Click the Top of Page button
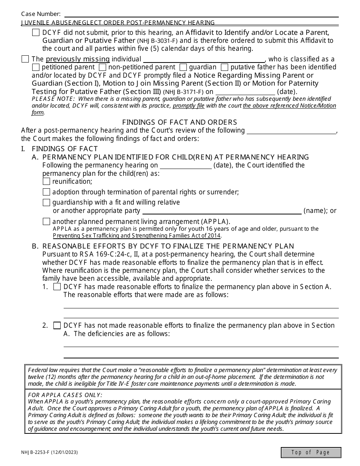(311, 452)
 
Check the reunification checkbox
(46, 181)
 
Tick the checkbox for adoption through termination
(46, 192)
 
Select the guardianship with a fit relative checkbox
(46, 202)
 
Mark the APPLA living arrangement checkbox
(46, 221)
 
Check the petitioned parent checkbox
(36, 67)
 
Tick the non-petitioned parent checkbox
(102, 67)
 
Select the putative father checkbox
(224, 67)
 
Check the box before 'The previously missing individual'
(25, 59)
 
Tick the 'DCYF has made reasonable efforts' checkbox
(57, 287)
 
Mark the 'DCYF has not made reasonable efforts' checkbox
(57, 325)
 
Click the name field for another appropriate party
(222, 211)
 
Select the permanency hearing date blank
(186, 165)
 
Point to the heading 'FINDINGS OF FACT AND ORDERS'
(180, 122)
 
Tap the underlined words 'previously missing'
(78, 59)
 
